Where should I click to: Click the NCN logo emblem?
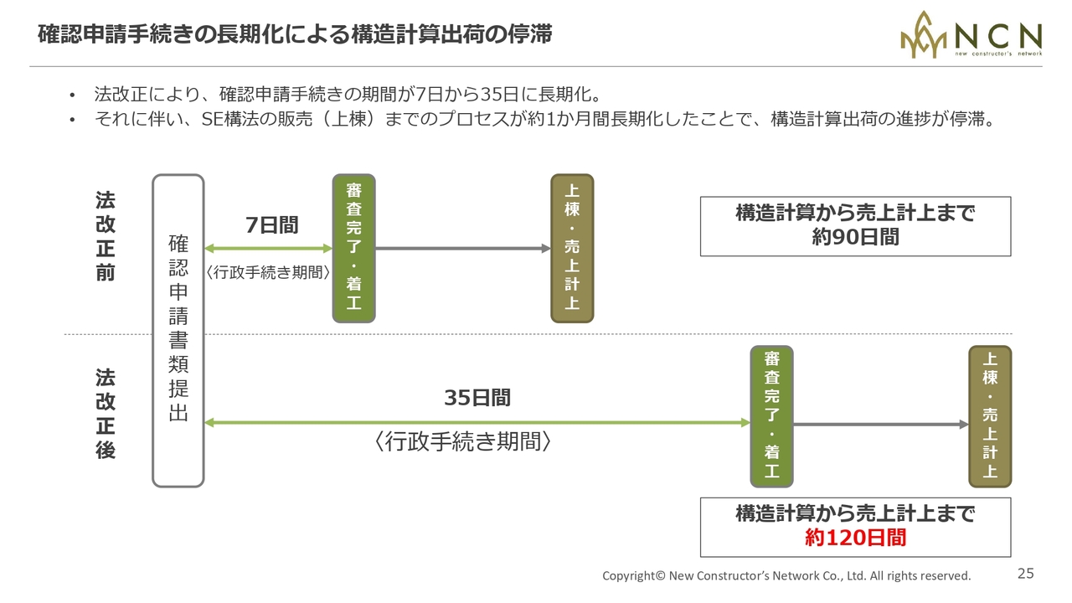(925, 35)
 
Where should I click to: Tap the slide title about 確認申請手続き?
(294, 34)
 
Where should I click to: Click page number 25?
(1026, 574)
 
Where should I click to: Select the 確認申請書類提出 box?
(178, 330)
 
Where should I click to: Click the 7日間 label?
(271, 225)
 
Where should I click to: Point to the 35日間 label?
(477, 398)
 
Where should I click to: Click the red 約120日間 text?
(855, 538)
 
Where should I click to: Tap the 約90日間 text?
(855, 237)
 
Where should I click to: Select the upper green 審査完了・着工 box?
(353, 249)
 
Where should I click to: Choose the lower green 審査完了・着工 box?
(771, 416)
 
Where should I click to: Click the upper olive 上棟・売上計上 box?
(572, 249)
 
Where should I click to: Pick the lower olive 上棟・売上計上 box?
(990, 416)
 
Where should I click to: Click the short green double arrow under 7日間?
(268, 249)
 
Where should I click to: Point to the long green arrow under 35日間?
(477, 423)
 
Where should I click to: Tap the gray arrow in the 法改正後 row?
(880, 425)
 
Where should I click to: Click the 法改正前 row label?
(105, 237)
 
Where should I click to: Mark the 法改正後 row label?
(105, 414)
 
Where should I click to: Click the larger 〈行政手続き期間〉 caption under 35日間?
(462, 442)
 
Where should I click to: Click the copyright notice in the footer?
(786, 576)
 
